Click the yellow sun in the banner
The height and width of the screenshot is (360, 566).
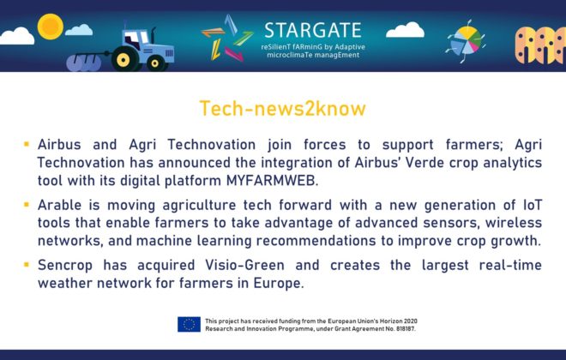(x=51, y=27)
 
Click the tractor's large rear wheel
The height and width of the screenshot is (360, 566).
(x=123, y=59)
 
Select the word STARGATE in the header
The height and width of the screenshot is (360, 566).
(x=313, y=30)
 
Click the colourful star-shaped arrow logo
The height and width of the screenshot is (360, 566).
(x=226, y=39)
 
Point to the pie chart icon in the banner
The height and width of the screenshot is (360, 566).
(x=466, y=41)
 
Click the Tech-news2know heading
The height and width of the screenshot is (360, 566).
(x=283, y=108)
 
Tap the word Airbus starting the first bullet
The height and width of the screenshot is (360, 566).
(x=59, y=145)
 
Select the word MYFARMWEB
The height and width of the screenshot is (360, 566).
(x=272, y=180)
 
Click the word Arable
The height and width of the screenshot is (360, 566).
(x=59, y=205)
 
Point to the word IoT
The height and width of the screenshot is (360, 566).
(x=533, y=205)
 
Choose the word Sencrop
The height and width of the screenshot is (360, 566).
(x=65, y=265)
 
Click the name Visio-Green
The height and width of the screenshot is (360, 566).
(x=244, y=265)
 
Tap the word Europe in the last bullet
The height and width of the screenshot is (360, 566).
(x=279, y=283)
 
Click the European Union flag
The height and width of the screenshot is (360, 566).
(x=189, y=324)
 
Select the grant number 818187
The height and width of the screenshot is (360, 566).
(x=405, y=329)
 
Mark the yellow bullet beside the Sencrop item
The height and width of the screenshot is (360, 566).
(x=27, y=264)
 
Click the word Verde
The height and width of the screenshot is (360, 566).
(x=424, y=163)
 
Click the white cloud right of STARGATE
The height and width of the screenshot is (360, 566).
(x=405, y=30)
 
